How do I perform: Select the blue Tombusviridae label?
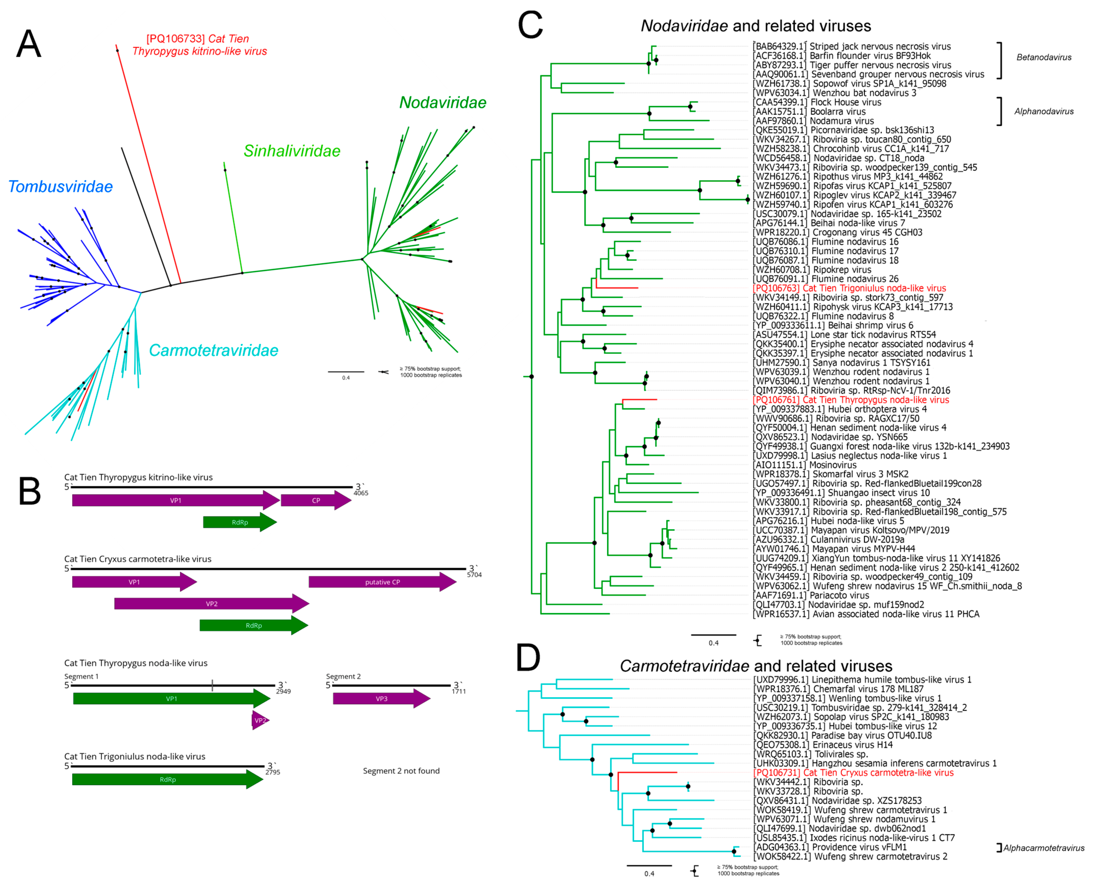pos(60,187)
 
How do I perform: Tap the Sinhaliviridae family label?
pos(292,151)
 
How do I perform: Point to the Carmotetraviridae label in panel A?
pos(213,350)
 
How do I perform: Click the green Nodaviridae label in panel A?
pos(442,103)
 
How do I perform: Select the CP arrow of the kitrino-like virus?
pos(316,500)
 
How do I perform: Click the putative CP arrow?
pos(382,582)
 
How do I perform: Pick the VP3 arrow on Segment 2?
pos(381,699)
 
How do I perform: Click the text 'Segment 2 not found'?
pos(401,771)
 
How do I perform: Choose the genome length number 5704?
pos(474,575)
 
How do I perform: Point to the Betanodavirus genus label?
pos(1043,57)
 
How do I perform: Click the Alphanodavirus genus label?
pos(1043,112)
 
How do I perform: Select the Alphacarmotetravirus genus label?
pos(1043,848)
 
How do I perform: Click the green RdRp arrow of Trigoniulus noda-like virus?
pos(168,779)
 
